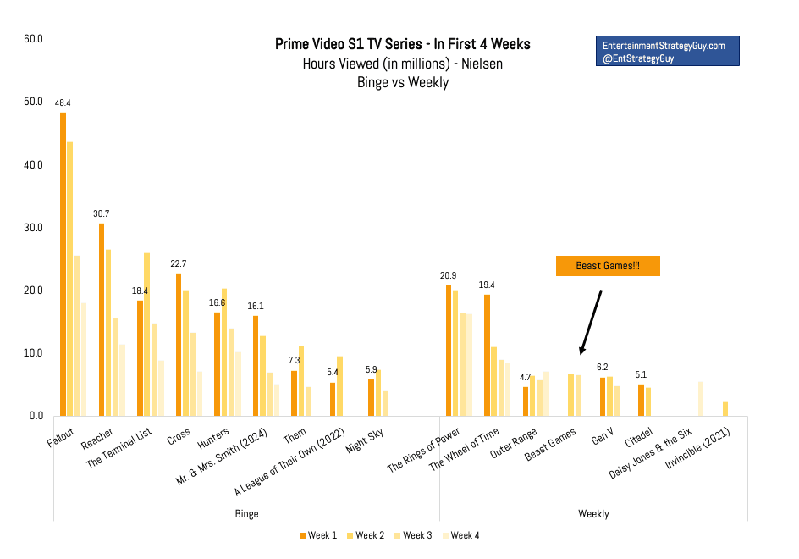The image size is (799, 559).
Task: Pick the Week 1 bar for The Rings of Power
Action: (449, 351)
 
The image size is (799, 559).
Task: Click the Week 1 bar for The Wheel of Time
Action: (487, 355)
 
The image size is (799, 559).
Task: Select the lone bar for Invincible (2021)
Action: (725, 409)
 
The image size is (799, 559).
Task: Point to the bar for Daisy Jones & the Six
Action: (701, 399)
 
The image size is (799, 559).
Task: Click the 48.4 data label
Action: (63, 102)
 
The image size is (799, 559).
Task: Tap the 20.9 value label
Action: (449, 276)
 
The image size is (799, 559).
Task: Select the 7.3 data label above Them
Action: (295, 360)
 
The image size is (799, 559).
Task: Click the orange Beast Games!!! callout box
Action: (607, 266)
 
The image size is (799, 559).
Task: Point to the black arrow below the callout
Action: (590, 322)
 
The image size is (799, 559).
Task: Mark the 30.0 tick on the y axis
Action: (34, 228)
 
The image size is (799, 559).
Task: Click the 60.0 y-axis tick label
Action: (34, 39)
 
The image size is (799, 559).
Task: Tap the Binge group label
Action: (246, 513)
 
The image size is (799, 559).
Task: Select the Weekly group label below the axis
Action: (593, 513)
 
